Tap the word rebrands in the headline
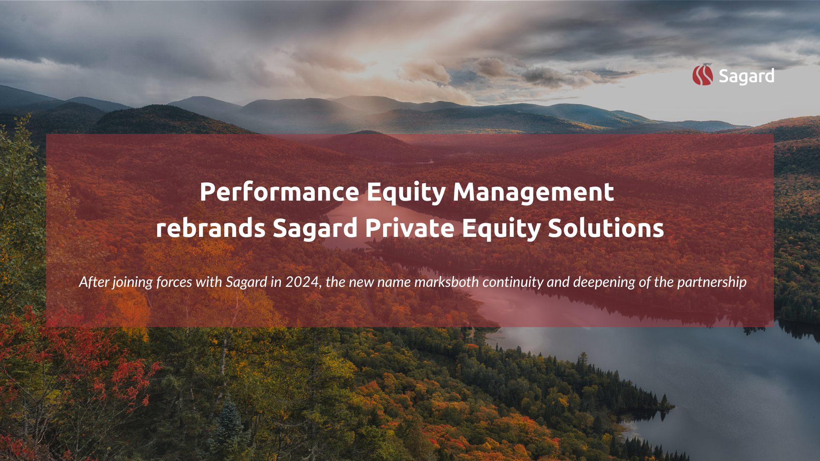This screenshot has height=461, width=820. (211, 228)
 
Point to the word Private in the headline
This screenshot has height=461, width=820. (410, 228)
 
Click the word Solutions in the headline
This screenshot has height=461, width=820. (606, 228)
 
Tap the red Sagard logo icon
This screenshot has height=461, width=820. (703, 75)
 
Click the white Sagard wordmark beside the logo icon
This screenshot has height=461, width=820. (747, 76)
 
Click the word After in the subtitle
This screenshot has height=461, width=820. (94, 282)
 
